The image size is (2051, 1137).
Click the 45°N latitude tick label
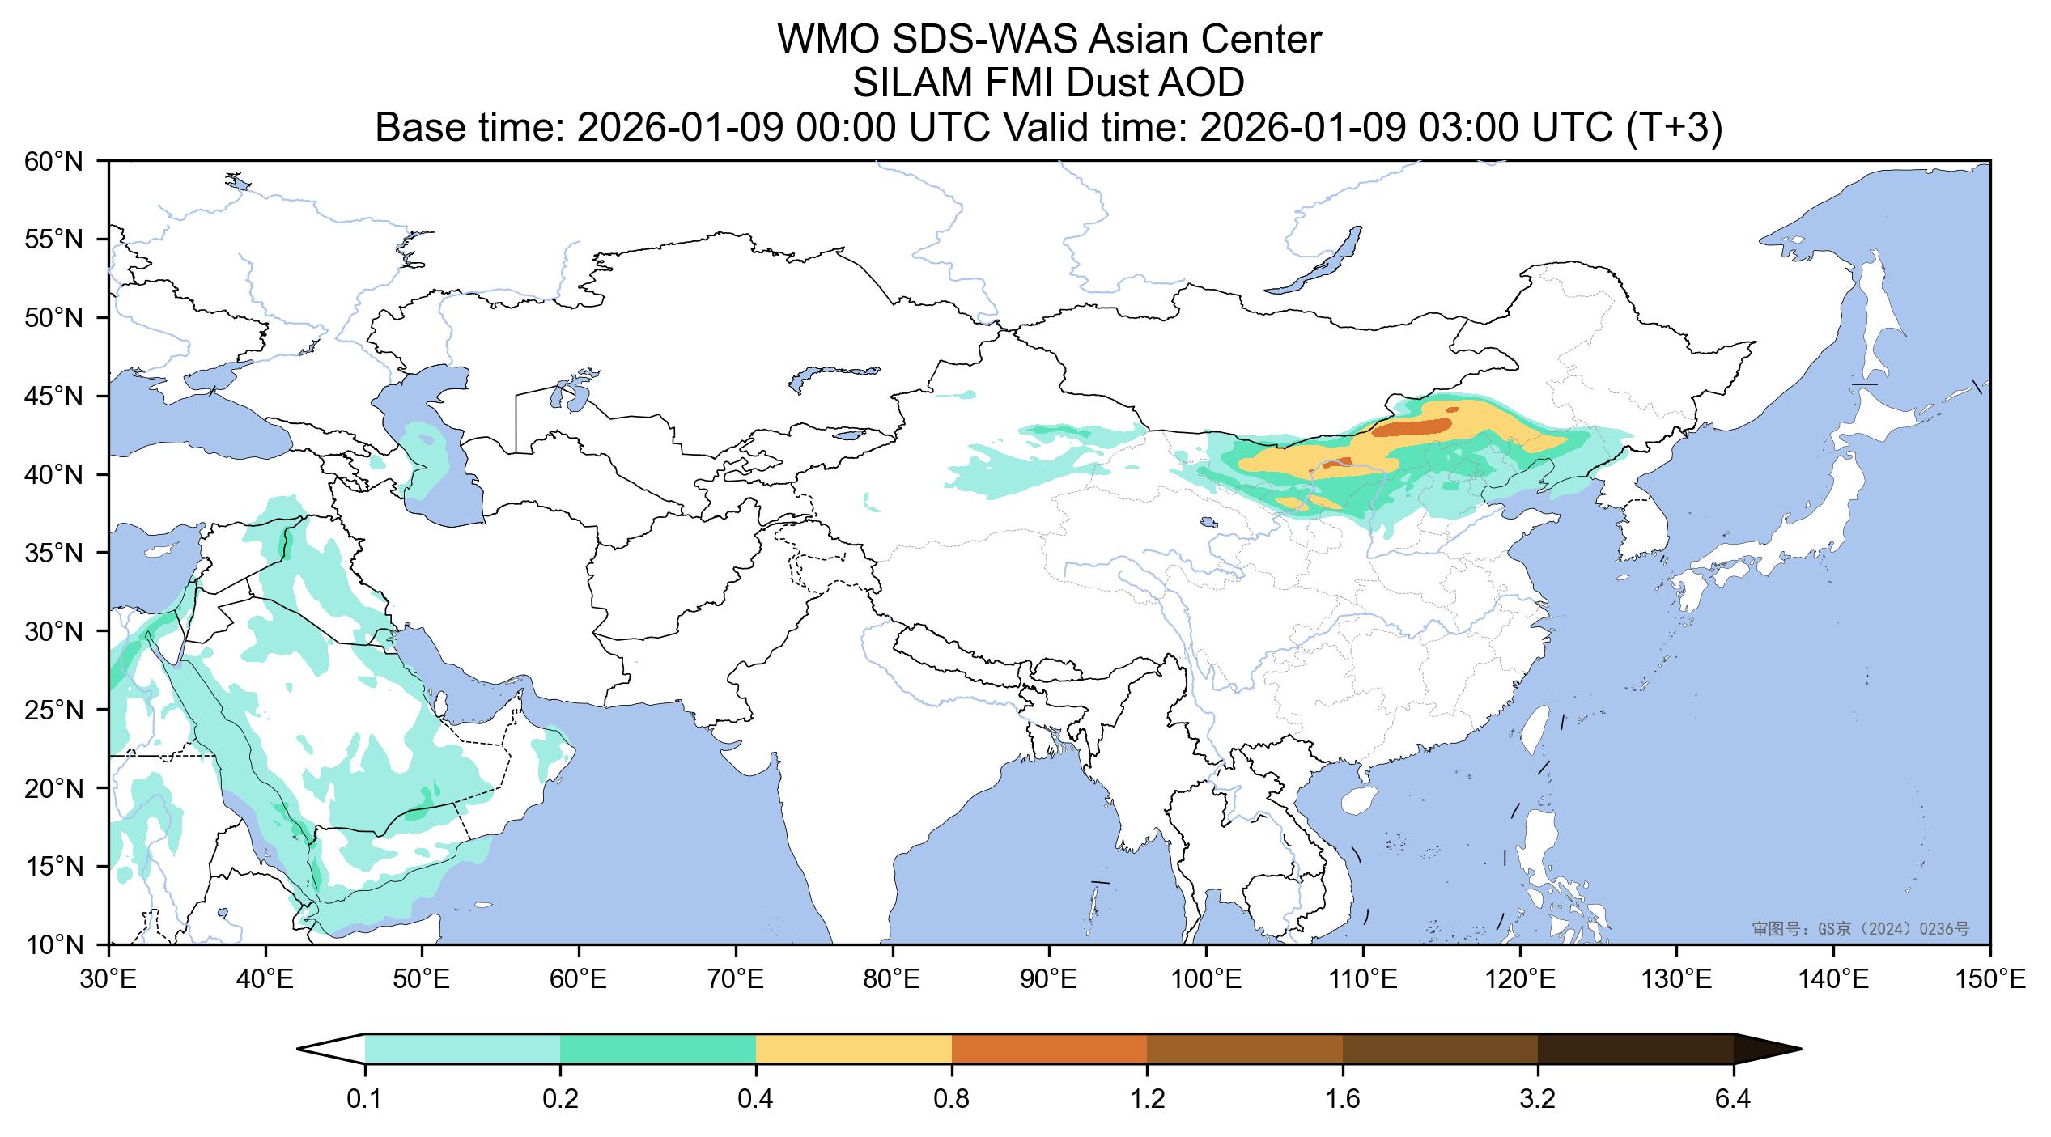pyautogui.click(x=54, y=397)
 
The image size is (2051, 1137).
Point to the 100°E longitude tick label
pyautogui.click(x=1206, y=981)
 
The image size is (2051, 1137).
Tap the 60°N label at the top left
pyautogui.click(x=54, y=162)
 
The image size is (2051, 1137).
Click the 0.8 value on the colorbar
pyautogui.click(x=952, y=1101)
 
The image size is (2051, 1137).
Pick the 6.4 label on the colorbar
pyautogui.click(x=1733, y=1101)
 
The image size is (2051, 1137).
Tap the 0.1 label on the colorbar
pyautogui.click(x=365, y=1101)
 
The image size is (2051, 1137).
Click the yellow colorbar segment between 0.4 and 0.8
pyautogui.click(x=853, y=1049)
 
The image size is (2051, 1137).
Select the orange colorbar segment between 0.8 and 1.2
pyautogui.click(x=1049, y=1049)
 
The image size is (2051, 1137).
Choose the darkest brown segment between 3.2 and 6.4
pyautogui.click(x=1635, y=1049)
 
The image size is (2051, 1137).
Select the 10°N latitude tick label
pyautogui.click(x=54, y=944)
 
